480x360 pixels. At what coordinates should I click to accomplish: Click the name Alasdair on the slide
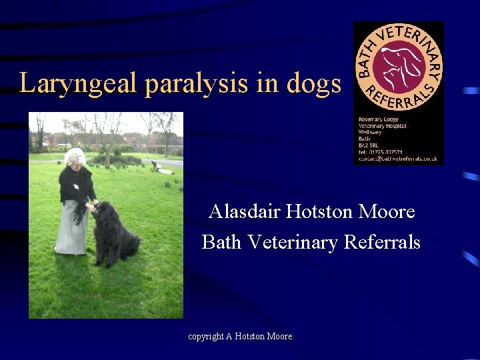(243, 212)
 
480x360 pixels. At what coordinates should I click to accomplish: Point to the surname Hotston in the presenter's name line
(320, 212)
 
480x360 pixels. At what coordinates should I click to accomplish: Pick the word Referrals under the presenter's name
(382, 241)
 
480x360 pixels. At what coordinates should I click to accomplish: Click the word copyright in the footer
(206, 337)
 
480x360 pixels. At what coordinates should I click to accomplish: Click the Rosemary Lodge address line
(378, 120)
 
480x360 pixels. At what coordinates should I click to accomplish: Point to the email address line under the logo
(397, 159)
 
